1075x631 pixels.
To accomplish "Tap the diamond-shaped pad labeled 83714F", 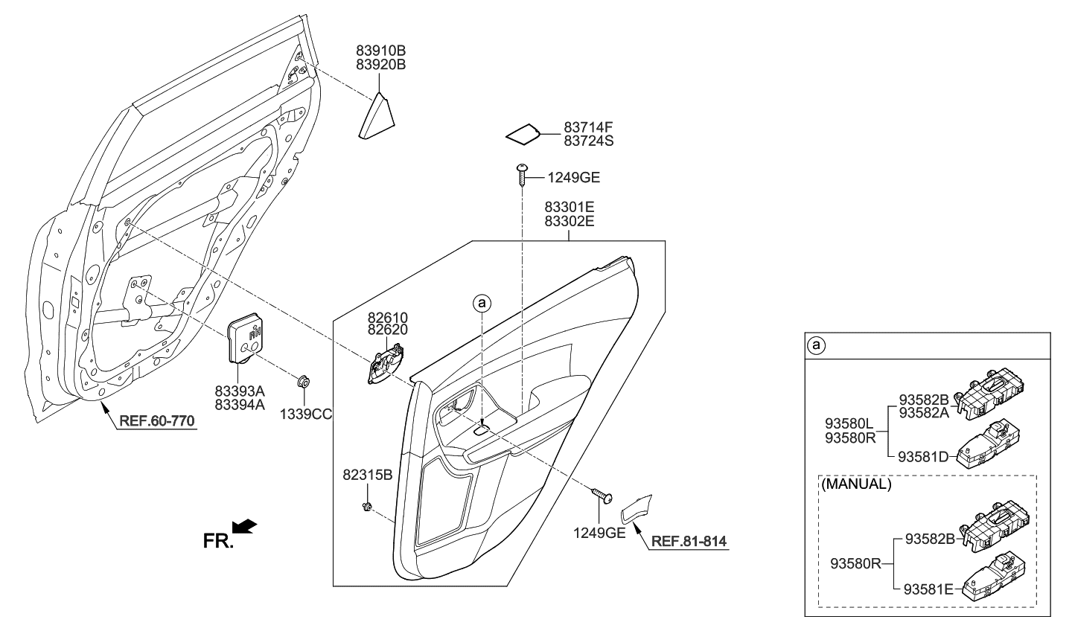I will [523, 134].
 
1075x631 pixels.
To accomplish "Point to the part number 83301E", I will [569, 206].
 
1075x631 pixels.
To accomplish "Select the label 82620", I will [387, 330].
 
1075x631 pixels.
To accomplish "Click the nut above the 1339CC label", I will [304, 382].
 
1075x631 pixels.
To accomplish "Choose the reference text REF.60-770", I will [156, 422].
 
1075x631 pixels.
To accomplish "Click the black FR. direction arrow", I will [244, 527].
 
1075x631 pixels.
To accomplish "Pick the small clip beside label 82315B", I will [366, 507].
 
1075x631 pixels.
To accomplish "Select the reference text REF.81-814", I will [689, 541].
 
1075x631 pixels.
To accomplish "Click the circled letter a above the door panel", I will [482, 303].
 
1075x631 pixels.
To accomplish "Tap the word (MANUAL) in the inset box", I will [856, 484].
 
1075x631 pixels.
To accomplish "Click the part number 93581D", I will [923, 456].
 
